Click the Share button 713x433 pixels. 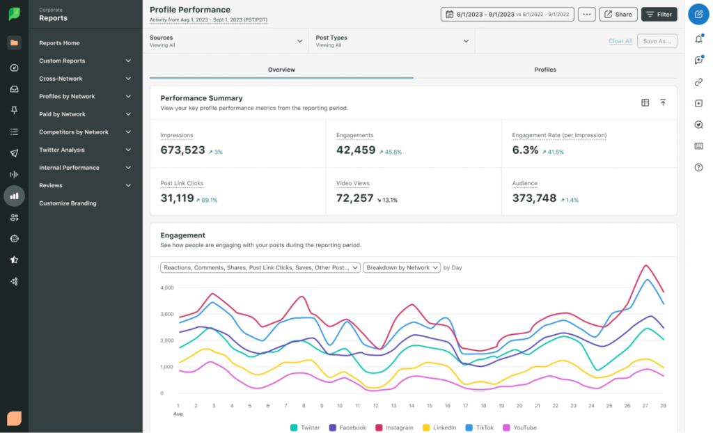point(618,14)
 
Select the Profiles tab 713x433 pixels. point(545,70)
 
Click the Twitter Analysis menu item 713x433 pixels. point(62,150)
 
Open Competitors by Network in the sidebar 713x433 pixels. point(74,132)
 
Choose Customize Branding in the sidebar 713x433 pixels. point(68,203)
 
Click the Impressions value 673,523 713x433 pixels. point(182,150)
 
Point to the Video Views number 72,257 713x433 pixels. point(355,198)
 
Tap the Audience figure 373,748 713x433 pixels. point(534,198)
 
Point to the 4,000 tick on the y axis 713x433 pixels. point(166,288)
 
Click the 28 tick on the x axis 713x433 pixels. point(662,405)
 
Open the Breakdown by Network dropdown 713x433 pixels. point(402,267)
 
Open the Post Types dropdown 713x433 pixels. point(391,41)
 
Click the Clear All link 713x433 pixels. point(620,41)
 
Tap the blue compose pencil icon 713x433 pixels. point(698,14)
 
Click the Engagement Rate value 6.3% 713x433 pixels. point(525,150)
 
